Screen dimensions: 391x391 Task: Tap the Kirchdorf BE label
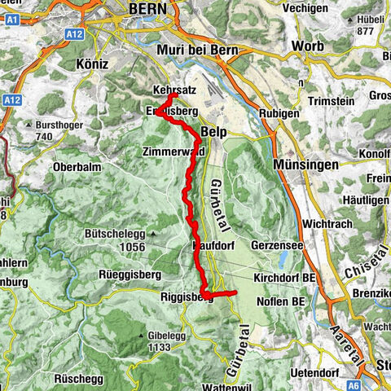pos(294,279)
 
